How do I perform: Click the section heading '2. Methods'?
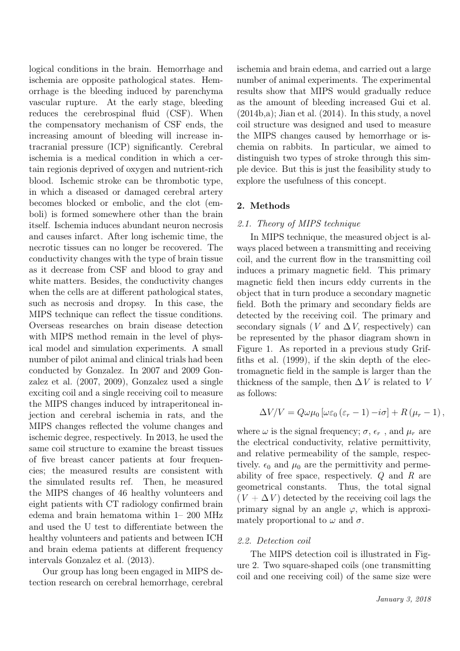(263, 206)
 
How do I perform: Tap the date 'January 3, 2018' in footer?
(403, 599)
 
